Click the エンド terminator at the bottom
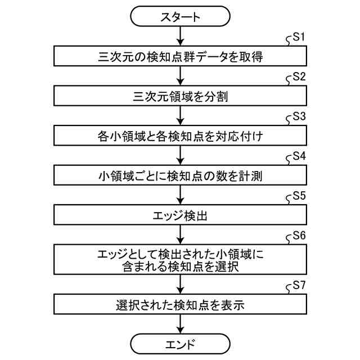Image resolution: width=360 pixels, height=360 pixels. click(x=180, y=343)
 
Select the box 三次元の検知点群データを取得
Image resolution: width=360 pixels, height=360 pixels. click(x=180, y=56)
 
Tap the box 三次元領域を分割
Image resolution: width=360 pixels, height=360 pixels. click(x=180, y=96)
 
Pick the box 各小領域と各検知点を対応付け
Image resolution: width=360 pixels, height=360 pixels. click(x=180, y=136)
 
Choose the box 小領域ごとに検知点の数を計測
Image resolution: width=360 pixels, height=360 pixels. click(x=180, y=175)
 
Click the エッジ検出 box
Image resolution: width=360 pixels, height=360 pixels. click(x=180, y=215)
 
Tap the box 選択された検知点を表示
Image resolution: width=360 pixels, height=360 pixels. click(x=180, y=305)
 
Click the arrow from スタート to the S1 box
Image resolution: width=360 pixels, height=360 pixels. click(x=180, y=37)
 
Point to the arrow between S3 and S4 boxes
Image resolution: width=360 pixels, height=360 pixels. click(x=180, y=155)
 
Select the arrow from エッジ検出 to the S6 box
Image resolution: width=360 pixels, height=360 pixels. click(x=180, y=234)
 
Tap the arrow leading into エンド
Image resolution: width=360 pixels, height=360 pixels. click(x=180, y=325)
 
